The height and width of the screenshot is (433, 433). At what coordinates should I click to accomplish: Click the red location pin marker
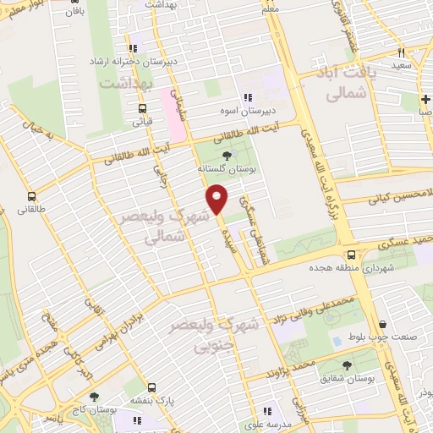coord(217,199)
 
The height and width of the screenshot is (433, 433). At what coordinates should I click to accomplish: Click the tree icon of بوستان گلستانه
coord(226,154)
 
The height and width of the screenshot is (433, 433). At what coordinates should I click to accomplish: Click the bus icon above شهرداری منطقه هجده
coord(351,255)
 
